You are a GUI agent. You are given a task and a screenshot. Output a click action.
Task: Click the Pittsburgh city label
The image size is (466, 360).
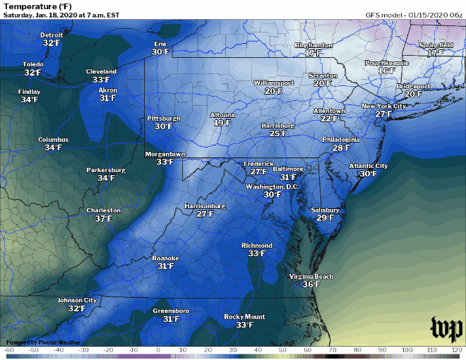[164, 118]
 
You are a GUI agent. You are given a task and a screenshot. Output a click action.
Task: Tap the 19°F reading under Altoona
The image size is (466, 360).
[222, 123]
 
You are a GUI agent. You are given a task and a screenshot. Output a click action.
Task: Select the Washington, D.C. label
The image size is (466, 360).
[272, 186]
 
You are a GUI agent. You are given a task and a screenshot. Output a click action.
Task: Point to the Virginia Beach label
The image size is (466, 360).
[311, 276]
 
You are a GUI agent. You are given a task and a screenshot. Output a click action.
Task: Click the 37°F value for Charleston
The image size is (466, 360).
[104, 219]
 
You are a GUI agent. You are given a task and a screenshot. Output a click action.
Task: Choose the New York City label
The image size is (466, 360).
[383, 106]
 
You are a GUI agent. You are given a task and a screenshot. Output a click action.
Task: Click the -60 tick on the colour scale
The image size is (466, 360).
[9, 350]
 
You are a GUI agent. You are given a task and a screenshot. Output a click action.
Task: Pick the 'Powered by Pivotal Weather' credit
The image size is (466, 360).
[43, 342]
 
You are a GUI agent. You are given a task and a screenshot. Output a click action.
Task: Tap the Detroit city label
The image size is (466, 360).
[52, 35]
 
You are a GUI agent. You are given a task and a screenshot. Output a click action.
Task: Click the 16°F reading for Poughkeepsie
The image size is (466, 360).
[386, 71]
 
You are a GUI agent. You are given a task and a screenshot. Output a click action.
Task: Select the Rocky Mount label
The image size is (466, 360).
[244, 316]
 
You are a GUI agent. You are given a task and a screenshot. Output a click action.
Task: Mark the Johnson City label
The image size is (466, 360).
[77, 300]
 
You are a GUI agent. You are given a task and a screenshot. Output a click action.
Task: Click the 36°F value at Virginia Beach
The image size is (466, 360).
[311, 284]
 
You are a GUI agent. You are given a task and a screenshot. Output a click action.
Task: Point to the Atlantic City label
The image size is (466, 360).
[368, 166]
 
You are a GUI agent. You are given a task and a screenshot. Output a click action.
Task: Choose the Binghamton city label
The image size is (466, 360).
[313, 45]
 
